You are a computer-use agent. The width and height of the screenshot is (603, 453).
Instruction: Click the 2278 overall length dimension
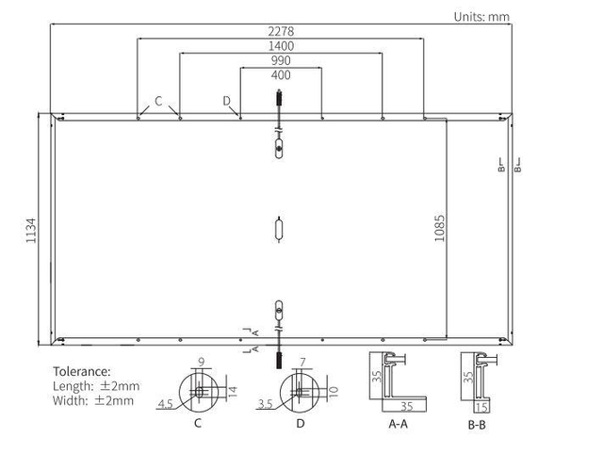point(281,31)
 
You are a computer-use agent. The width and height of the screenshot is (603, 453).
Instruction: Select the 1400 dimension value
point(281,46)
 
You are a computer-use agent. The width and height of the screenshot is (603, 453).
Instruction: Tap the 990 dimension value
point(281,60)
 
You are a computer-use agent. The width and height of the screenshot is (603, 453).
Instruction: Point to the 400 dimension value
point(281,75)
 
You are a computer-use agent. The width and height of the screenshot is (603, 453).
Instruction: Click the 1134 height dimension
point(31,231)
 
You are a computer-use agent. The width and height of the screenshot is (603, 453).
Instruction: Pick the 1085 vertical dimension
point(440,229)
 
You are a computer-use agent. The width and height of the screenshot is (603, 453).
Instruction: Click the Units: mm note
point(481,17)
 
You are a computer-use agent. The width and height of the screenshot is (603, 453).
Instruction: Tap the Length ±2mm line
point(96,386)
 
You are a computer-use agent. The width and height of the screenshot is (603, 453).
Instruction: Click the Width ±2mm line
point(93,400)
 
